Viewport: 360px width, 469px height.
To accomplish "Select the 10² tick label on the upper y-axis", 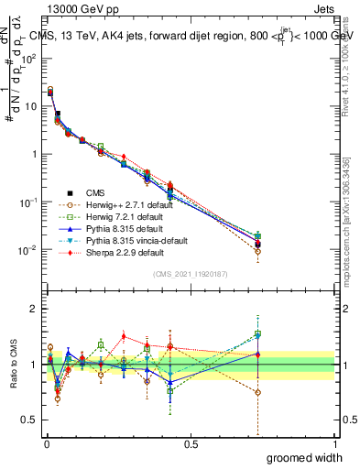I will tap(29, 58).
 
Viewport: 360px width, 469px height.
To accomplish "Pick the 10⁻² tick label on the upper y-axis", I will tap(29, 250).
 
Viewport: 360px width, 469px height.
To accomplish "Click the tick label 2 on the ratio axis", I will tap(35, 309).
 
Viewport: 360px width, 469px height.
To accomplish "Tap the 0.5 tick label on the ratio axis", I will tap(31, 420).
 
